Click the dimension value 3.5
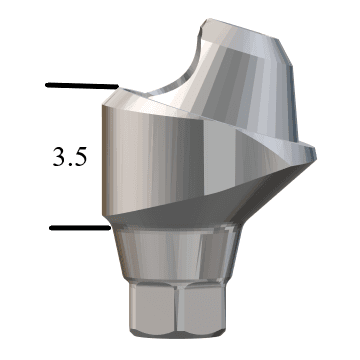(x=70, y=157)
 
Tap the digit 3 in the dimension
(x=58, y=157)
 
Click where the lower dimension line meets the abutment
(x=108, y=228)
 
